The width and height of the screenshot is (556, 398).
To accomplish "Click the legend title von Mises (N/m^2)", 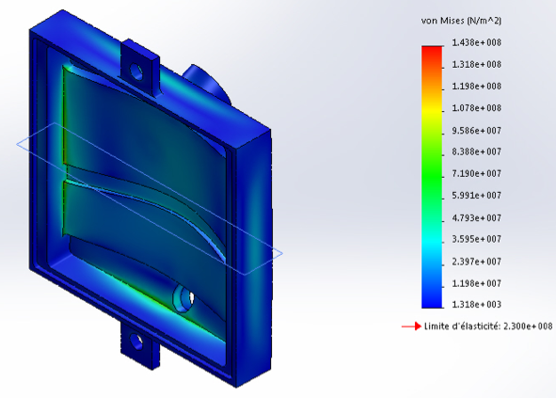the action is (x=461, y=21).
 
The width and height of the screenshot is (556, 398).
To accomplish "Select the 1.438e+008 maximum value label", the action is (x=476, y=42).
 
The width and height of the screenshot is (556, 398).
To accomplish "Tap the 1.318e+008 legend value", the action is (x=476, y=65).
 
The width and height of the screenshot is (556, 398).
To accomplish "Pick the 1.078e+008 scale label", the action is (x=476, y=108).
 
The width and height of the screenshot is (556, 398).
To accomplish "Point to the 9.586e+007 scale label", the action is (x=476, y=131).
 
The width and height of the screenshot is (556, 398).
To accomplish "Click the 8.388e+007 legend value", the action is (x=476, y=151).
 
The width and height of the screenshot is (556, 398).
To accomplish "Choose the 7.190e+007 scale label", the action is (x=476, y=174).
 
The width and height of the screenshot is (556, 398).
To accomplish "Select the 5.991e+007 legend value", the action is (x=476, y=196).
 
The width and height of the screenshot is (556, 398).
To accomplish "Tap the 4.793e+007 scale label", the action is (x=476, y=217).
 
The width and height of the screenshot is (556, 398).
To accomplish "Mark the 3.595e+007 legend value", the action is (x=476, y=239).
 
